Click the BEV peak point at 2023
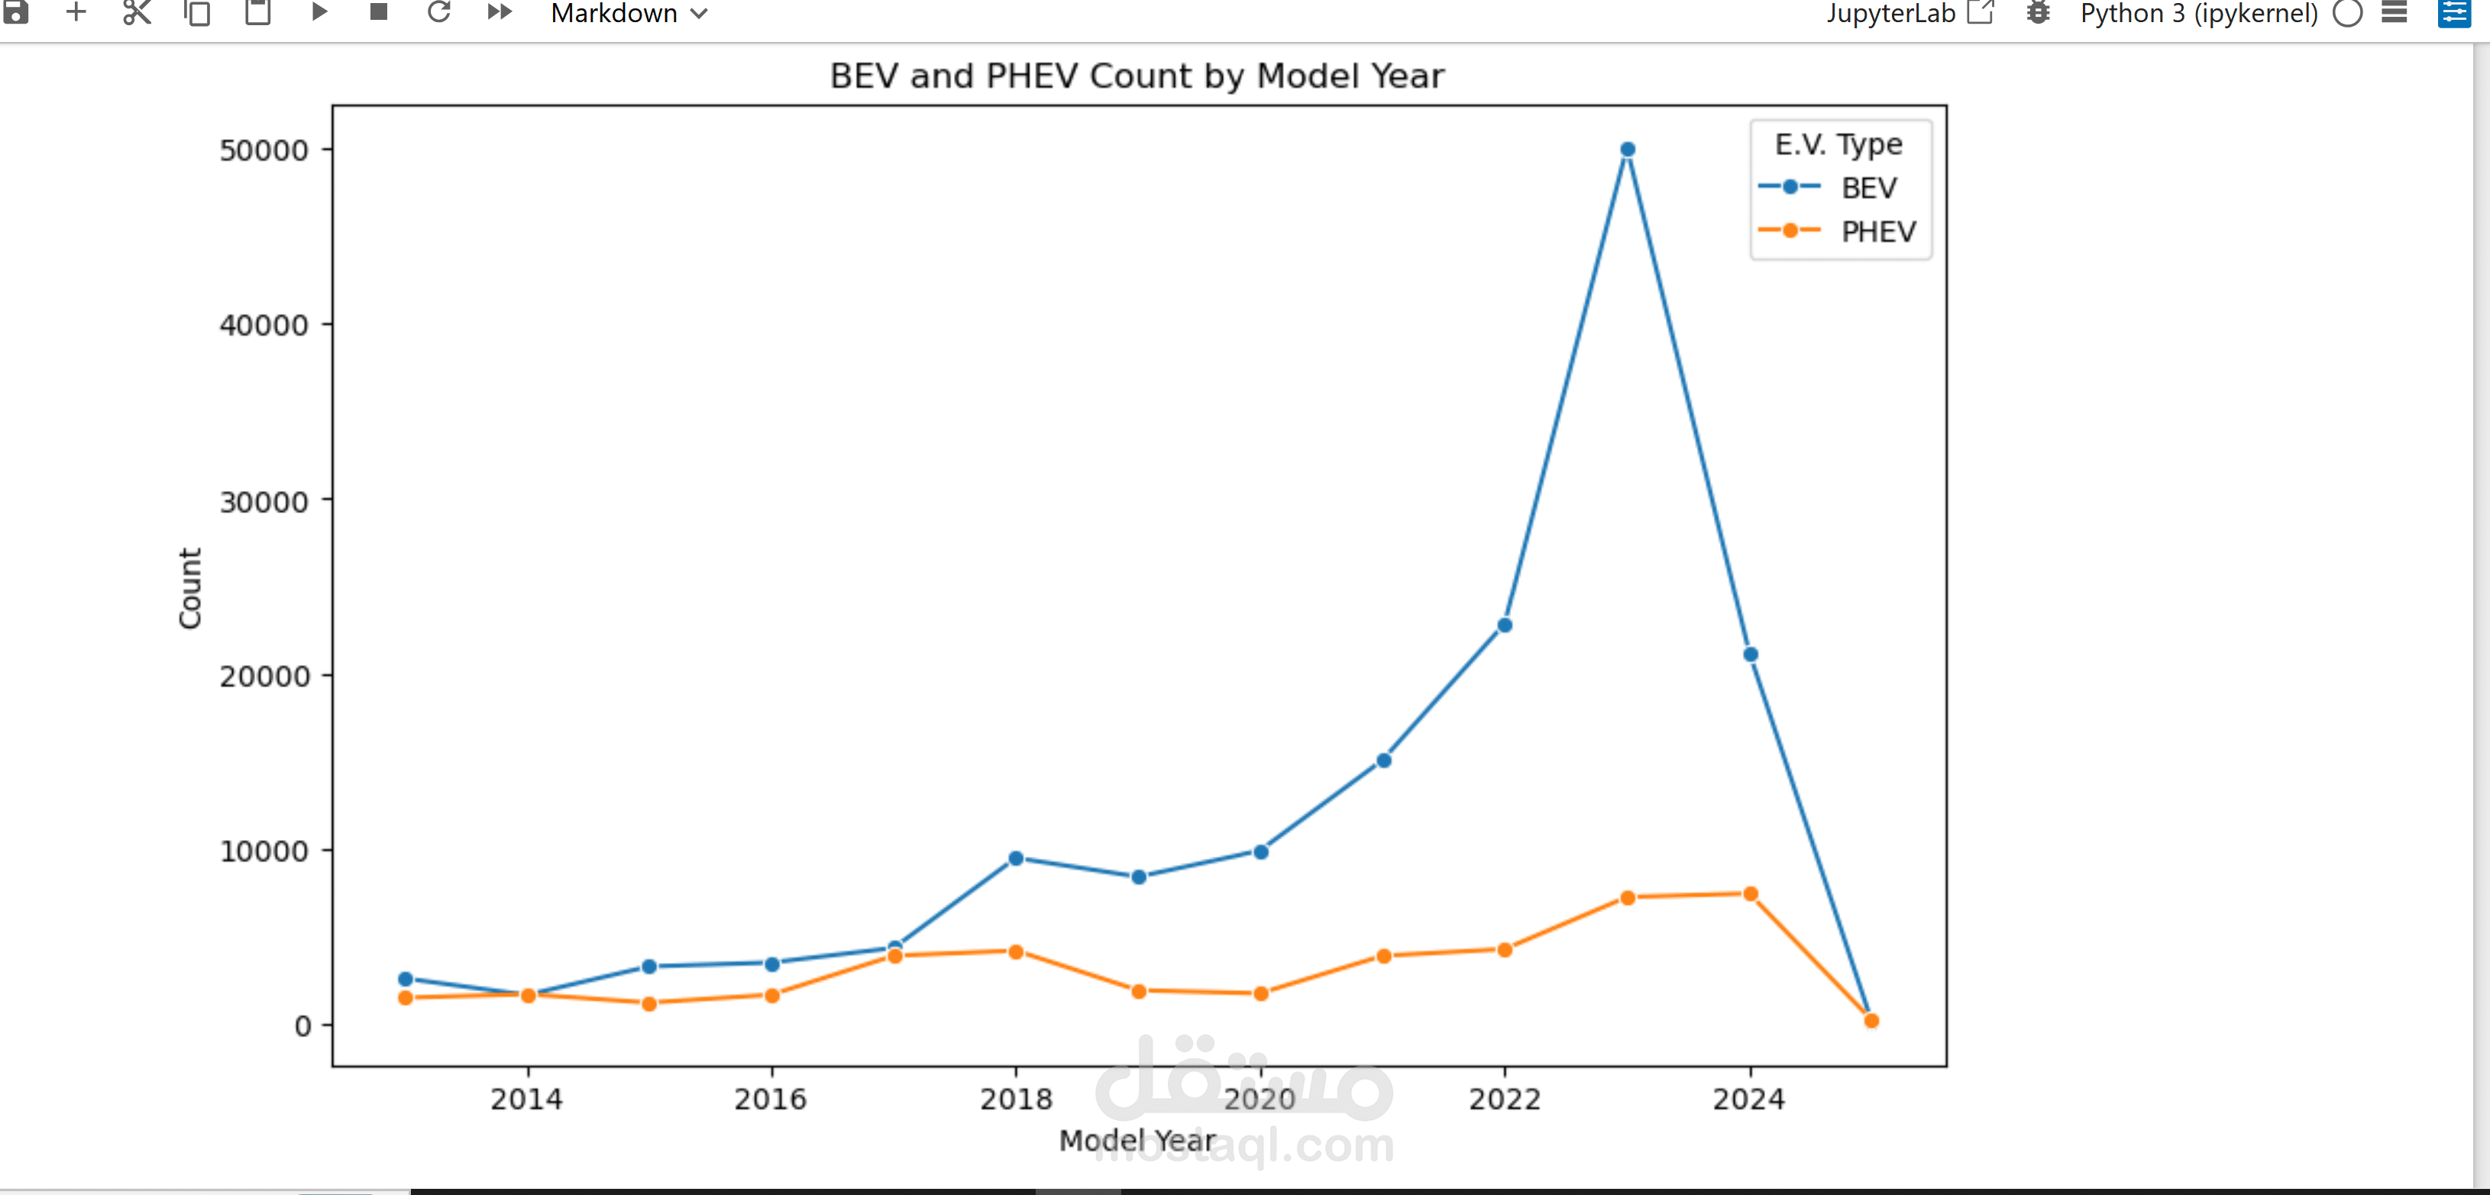pos(1628,150)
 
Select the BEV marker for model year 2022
pos(1505,625)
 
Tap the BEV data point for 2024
pos(1751,654)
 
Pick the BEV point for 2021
pos(1383,761)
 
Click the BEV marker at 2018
pos(1016,857)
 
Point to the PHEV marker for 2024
pos(1751,893)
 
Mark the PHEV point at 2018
pos(1016,951)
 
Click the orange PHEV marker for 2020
pos(1260,993)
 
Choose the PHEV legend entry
pos(1877,232)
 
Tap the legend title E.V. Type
pos(1838,144)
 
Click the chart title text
pos(1137,76)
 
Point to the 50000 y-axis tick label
pos(263,150)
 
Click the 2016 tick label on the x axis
pos(771,1098)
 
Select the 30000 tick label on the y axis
pos(263,502)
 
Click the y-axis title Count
pos(189,587)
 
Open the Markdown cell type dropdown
pos(629,14)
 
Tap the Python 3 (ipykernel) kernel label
pos(2198,14)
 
